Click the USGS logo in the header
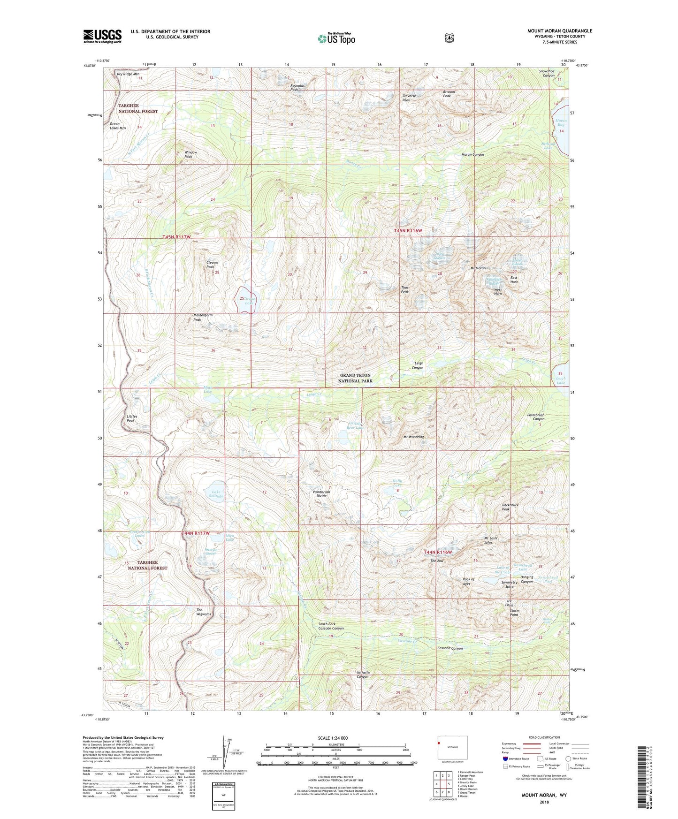click(102, 36)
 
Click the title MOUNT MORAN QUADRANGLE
click(559, 31)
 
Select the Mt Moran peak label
click(478, 268)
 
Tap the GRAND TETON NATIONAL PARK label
click(355, 378)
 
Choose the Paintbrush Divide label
click(321, 494)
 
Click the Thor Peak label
click(404, 290)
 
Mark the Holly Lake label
click(397, 483)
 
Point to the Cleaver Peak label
click(212, 265)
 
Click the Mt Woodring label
click(413, 437)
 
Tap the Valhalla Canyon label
click(363, 675)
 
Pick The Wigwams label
click(204, 612)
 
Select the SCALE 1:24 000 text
click(333, 738)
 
